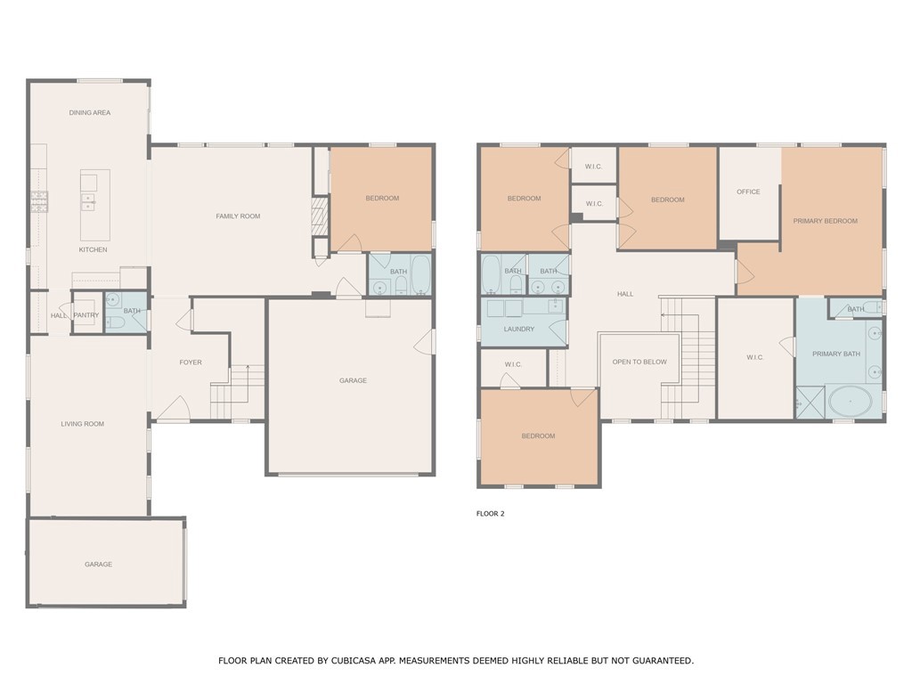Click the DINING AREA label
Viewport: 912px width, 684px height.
coord(90,113)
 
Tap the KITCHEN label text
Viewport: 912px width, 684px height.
coord(93,249)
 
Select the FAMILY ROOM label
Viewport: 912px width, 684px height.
coord(238,216)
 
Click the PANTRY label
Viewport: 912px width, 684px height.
coord(86,315)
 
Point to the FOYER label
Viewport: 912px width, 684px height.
coord(191,362)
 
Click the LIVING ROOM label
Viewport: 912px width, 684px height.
coord(83,424)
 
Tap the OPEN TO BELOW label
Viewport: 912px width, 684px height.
coord(639,362)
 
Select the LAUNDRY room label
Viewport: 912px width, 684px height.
coord(519,330)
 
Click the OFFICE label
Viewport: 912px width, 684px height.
coord(748,191)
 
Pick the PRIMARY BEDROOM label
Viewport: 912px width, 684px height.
coord(826,221)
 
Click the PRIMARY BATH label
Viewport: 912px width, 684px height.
coord(836,354)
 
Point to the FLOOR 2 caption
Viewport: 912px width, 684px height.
coord(491,514)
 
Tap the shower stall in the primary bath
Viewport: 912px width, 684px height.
coord(810,402)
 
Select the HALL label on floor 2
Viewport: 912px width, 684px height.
coord(625,294)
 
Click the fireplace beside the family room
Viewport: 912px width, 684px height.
coord(316,216)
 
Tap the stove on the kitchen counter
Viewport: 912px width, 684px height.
coord(40,202)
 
